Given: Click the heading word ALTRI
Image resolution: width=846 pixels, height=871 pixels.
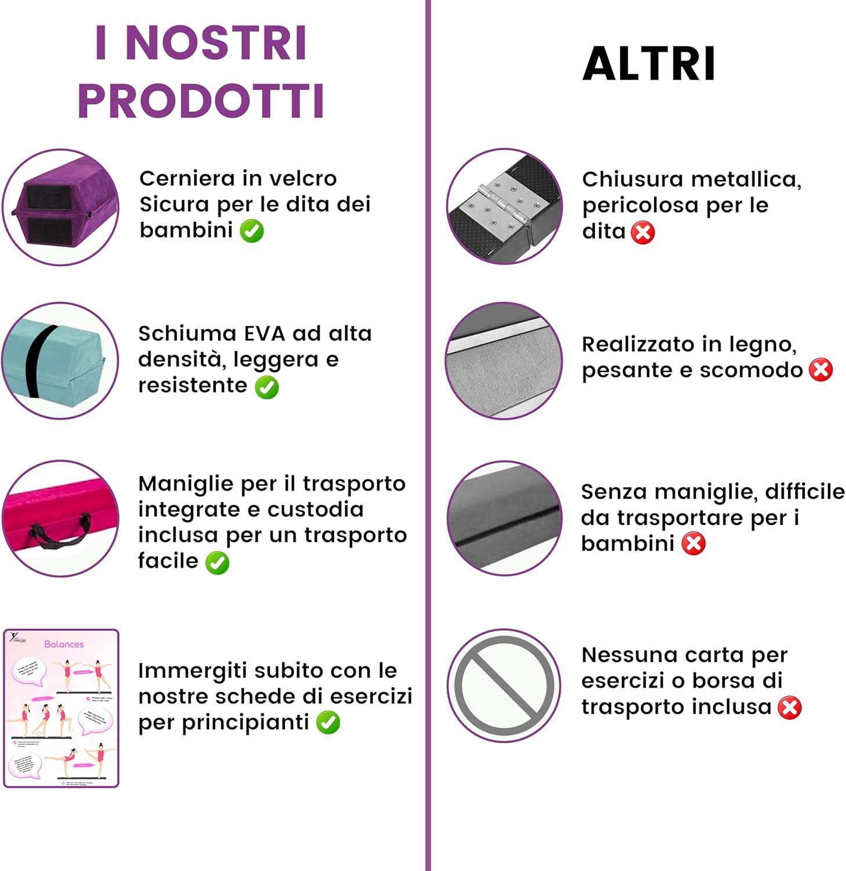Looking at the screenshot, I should pos(648,64).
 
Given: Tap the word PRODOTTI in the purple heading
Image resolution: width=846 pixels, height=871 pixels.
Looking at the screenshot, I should pos(201,102).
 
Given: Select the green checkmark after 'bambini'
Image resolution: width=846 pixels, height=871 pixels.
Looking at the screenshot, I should pos(252,231).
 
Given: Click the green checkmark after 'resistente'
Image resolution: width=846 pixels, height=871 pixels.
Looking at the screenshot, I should pos(267,387).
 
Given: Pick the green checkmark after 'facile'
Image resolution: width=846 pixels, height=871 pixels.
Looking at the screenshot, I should pos(218,563).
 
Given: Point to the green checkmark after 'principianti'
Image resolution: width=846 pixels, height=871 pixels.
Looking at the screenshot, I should pos(328,723).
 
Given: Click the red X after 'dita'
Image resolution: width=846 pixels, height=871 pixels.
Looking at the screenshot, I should pos(643,233).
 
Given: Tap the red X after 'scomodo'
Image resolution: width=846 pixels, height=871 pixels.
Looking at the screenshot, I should pos(821,370).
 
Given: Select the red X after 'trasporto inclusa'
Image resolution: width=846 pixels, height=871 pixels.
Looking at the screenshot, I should pos(790,708).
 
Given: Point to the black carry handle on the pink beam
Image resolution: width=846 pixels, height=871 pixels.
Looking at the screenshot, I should pos(62,532).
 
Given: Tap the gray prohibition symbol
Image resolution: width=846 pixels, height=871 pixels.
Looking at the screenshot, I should pos(504,686).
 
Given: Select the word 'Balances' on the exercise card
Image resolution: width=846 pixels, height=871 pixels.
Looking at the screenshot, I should pos(64,644).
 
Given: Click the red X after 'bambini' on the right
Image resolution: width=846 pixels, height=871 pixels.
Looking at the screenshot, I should pos(693,544).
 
